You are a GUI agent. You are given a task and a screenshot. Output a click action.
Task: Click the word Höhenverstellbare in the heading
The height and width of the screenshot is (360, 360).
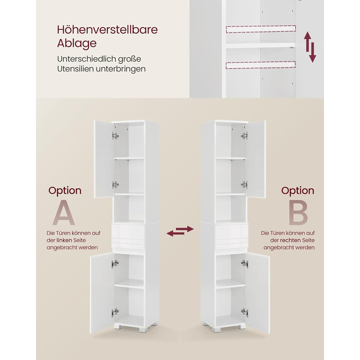point(107,30)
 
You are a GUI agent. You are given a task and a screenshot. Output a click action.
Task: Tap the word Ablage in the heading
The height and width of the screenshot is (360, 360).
point(77,43)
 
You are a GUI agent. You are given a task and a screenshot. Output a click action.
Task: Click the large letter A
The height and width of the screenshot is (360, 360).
point(64,212)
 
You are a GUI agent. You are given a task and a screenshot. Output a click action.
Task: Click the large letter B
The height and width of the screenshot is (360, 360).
point(298,212)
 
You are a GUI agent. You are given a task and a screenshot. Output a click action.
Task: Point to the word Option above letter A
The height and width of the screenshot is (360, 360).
point(65,191)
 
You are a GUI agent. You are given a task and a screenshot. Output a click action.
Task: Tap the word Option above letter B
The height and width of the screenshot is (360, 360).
point(298,191)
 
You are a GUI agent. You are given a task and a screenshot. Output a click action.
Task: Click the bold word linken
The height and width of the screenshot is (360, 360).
point(64,240)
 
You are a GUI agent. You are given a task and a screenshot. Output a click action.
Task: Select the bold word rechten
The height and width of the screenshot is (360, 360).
point(290,240)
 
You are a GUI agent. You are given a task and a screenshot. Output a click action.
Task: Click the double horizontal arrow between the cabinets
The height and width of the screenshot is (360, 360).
point(180,231)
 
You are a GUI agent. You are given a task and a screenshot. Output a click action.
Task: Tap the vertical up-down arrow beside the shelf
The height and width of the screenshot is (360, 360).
point(310,47)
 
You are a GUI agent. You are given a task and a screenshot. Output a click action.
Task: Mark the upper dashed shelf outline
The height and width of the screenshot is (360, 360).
point(261,29)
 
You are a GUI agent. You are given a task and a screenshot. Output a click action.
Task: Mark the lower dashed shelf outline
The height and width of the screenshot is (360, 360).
point(261,65)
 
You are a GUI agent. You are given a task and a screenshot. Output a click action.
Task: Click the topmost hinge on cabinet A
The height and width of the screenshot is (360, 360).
point(115,136)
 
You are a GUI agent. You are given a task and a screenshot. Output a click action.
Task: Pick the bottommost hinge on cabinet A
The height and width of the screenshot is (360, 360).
point(115,313)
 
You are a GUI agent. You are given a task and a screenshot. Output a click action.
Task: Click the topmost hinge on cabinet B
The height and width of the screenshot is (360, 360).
point(244,136)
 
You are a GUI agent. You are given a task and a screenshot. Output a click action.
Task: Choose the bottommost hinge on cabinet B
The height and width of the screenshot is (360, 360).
point(245,313)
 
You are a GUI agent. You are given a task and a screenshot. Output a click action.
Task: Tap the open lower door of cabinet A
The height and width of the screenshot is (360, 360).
point(102,293)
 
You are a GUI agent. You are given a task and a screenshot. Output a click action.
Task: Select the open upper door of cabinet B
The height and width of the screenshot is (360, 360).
point(256,159)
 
